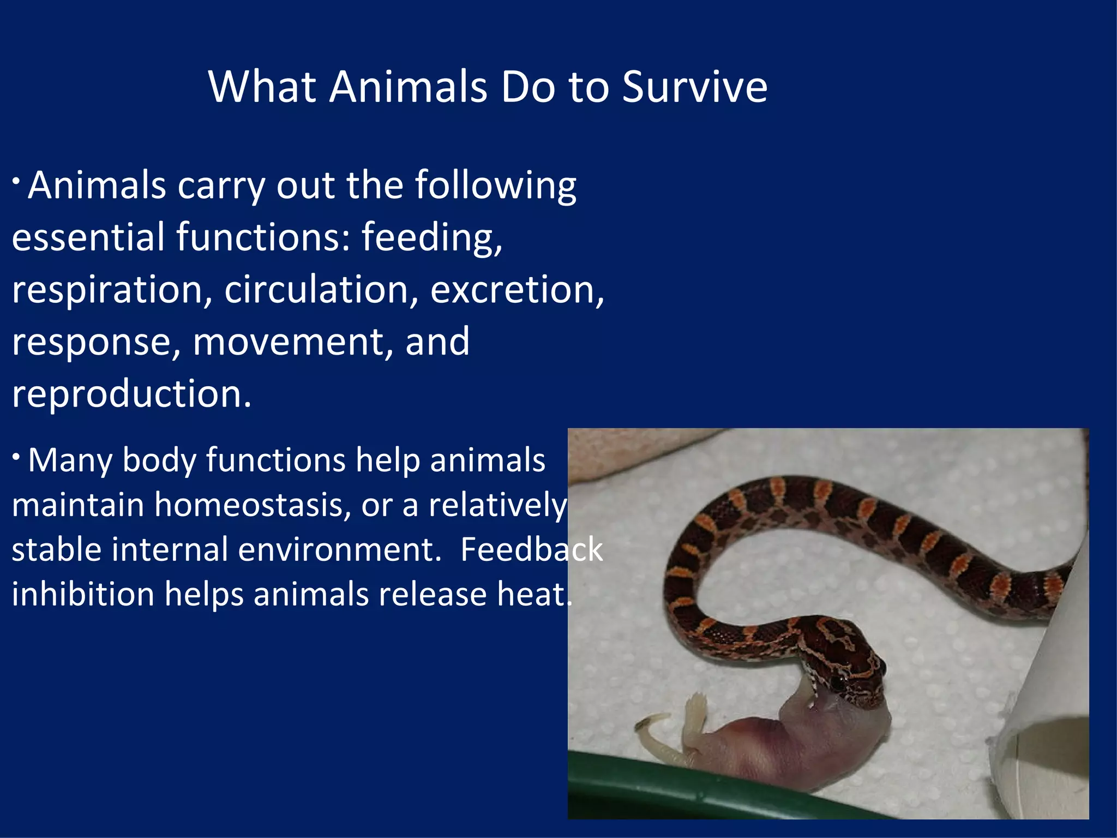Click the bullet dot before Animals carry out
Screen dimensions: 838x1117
click(x=17, y=180)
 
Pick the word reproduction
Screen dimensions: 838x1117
click(x=131, y=394)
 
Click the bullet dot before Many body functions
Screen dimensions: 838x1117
click(x=17, y=456)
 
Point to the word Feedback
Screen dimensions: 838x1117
click(x=531, y=549)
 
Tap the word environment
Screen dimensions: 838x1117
click(x=336, y=549)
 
